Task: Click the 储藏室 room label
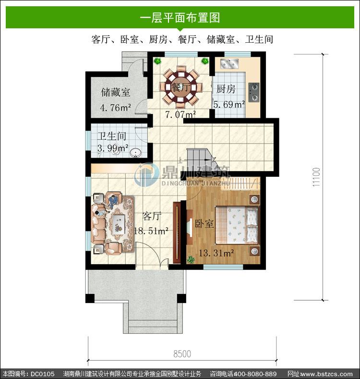tap(116, 92)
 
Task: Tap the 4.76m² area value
tap(116, 108)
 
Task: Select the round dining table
tap(181, 87)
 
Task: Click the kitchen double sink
tap(229, 63)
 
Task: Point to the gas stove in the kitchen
tap(254, 92)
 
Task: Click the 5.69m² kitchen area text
tap(229, 104)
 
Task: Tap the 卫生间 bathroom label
tap(112, 136)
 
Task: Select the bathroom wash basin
tap(135, 153)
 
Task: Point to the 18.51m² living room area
tap(151, 231)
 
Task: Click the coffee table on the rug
tap(119, 224)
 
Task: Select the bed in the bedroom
tap(237, 225)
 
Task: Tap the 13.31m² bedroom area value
tap(216, 253)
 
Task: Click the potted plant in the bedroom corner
tap(191, 259)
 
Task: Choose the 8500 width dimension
tap(182, 354)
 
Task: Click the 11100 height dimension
tap(316, 177)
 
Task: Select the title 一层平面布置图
tap(180, 18)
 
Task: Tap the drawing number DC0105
tap(43, 374)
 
